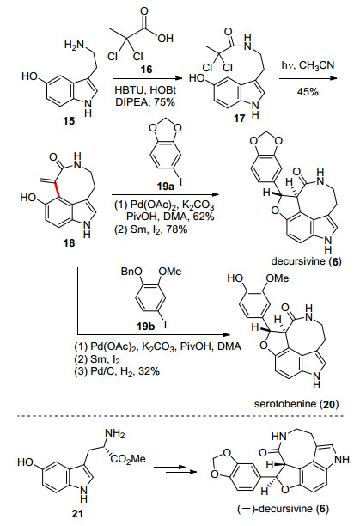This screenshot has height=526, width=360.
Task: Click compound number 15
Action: point(69,121)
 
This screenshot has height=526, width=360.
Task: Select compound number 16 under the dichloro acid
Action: point(146,69)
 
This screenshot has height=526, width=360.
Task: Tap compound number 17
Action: point(240,118)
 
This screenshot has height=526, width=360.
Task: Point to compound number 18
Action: point(69,242)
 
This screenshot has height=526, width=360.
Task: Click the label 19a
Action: point(166,187)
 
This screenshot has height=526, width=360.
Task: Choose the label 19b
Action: point(146,326)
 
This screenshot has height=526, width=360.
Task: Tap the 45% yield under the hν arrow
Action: point(308,92)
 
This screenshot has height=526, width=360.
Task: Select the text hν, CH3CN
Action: point(308,65)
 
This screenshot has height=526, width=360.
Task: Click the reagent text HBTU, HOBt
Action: point(145,90)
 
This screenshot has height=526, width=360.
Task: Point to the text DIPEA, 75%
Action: point(145,102)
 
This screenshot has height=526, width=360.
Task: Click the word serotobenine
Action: point(285,404)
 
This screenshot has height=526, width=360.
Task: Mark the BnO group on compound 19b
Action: point(131,271)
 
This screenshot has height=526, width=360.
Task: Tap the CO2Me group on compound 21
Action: point(128,459)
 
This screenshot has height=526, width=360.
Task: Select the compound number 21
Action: point(77,514)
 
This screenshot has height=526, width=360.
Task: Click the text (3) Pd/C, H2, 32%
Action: point(117,371)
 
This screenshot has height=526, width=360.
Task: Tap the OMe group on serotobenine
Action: point(278,278)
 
